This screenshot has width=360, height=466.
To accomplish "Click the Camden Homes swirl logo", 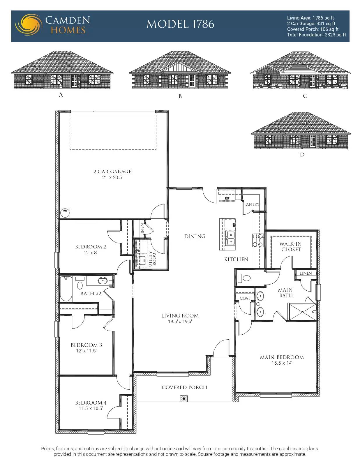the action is [x=28, y=25].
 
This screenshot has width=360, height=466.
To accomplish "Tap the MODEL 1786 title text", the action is [x=180, y=24].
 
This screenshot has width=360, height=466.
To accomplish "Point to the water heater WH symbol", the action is [x=65, y=213].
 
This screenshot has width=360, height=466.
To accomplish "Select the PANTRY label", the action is [x=252, y=204].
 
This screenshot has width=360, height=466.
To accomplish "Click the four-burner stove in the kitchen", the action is [x=258, y=240].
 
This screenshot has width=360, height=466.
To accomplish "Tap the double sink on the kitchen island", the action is [x=231, y=238].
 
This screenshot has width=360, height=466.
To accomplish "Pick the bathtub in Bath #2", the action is [x=66, y=289].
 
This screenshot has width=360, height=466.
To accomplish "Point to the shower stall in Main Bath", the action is [x=302, y=312].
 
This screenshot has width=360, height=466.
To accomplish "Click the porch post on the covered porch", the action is [x=184, y=398].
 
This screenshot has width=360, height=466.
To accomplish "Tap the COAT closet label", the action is [x=245, y=298].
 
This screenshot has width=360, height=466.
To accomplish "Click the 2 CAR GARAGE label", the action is [x=112, y=172].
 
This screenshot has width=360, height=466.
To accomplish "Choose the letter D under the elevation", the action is [x=302, y=155].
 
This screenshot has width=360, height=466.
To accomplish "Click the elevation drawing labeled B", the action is [x=180, y=70].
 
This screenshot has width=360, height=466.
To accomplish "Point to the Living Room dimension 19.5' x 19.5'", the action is [x=180, y=322].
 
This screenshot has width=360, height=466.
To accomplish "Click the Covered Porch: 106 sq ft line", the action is [x=313, y=29].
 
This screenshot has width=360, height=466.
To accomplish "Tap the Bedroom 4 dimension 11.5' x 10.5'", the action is [x=91, y=408].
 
